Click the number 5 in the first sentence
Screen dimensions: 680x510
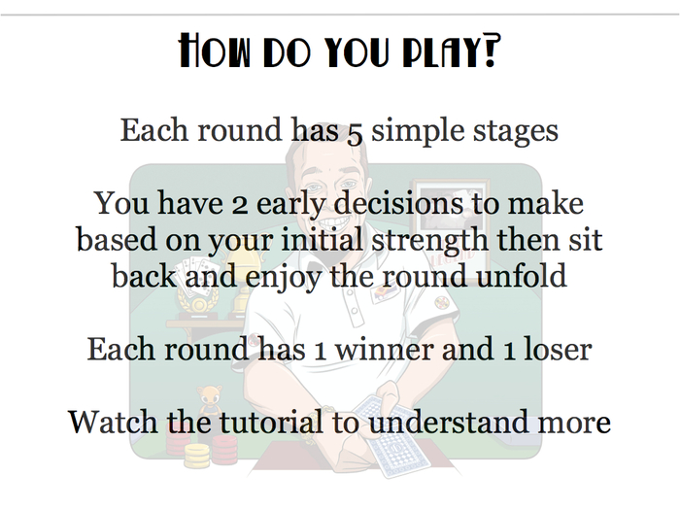(355, 133)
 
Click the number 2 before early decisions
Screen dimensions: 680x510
(240, 205)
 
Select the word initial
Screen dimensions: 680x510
(322, 239)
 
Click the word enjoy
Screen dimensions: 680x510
(284, 278)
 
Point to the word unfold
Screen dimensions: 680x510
(523, 275)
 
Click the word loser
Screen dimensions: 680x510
(558, 349)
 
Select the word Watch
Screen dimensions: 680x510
(113, 422)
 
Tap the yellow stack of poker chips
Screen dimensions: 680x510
(197, 456)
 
